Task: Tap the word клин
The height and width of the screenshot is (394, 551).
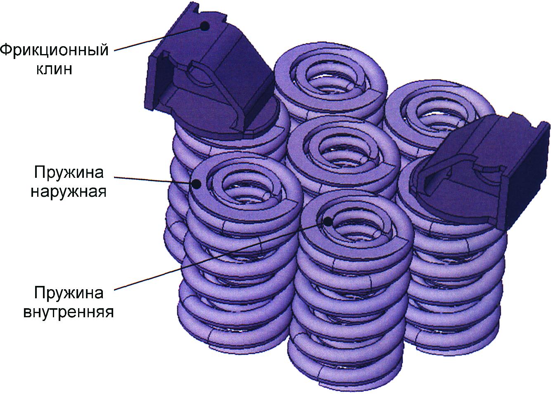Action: (55, 69)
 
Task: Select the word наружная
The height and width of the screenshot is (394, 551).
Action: (69, 191)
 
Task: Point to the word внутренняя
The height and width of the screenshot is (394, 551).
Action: (69, 312)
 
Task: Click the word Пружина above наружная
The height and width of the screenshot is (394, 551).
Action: (69, 172)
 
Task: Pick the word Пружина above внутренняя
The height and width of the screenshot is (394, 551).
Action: (69, 293)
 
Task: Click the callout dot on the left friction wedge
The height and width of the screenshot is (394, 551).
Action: (204, 26)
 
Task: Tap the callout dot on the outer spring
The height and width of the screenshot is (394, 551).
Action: (196, 184)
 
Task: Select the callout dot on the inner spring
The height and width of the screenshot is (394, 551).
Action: (328, 222)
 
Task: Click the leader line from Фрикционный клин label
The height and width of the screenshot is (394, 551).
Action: (157, 38)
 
